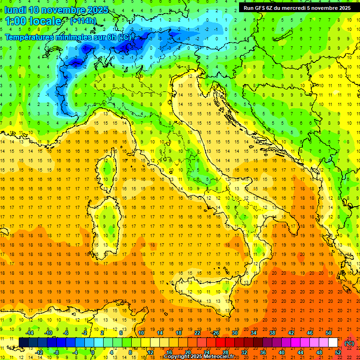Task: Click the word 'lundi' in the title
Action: point(15,10)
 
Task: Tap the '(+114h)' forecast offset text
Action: point(83,21)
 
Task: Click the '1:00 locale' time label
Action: point(33,21)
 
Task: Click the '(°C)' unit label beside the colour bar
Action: point(349,343)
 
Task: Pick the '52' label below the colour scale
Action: point(338,352)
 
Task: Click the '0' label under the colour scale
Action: point(93,352)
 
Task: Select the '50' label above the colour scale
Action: point(329,332)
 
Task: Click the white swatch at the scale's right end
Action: point(333,342)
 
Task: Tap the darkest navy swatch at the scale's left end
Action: point(23,342)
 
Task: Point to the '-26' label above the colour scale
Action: point(216,332)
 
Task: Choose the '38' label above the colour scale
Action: point(272,332)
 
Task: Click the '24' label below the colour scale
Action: point(206,352)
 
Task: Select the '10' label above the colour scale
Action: point(141,332)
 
